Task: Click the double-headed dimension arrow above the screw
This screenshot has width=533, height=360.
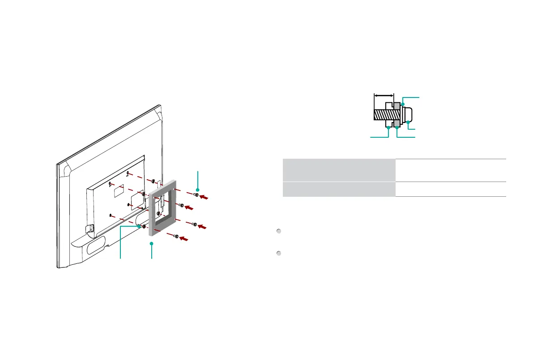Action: (x=384, y=95)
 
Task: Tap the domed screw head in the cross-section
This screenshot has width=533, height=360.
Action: (x=410, y=114)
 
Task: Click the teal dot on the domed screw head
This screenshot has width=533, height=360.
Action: (x=408, y=122)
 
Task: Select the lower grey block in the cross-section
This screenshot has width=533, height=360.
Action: (x=397, y=124)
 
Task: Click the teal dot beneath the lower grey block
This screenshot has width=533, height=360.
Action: (x=397, y=128)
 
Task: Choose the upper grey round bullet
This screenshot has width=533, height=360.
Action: (x=278, y=231)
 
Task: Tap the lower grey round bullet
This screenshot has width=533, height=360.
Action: (x=278, y=254)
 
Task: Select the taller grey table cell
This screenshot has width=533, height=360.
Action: (x=339, y=170)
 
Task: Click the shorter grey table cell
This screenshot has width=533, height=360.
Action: (x=339, y=189)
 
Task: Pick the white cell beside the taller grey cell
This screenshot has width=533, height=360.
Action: (x=451, y=170)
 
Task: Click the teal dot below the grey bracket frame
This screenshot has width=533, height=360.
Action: (x=152, y=244)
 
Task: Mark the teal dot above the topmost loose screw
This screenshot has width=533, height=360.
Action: (x=197, y=190)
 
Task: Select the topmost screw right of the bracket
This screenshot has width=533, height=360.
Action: (x=196, y=195)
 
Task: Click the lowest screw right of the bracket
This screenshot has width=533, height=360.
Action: (x=176, y=236)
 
